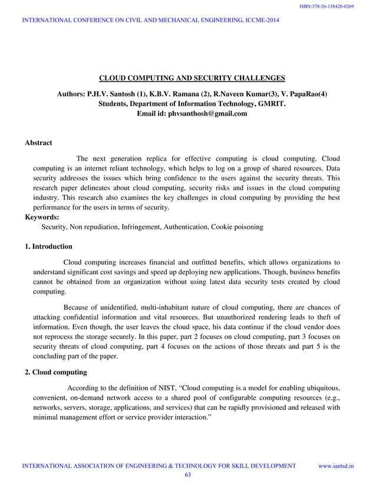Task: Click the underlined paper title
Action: (192, 78)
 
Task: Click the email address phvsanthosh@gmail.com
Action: (209, 113)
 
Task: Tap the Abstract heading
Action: (38, 143)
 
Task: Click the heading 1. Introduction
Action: (48, 246)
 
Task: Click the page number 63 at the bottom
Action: (189, 475)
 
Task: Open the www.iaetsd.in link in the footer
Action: (336, 465)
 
